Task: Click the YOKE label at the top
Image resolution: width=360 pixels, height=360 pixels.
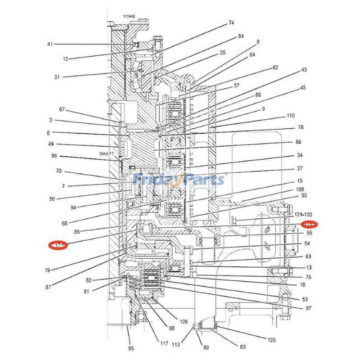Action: [x=129, y=16]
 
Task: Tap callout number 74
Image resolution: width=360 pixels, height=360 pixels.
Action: [x=231, y=22]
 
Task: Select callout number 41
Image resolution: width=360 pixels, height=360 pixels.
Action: [x=50, y=44]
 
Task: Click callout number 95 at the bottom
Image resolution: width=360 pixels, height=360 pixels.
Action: [x=131, y=348]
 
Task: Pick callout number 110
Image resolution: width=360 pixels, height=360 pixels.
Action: [x=291, y=116]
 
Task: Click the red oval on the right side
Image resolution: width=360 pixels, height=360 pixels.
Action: [x=309, y=224]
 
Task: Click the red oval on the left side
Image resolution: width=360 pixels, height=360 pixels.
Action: [x=58, y=245]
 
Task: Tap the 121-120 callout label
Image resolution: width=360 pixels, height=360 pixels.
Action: [x=303, y=215]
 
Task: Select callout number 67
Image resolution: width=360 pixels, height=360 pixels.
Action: [x=62, y=109]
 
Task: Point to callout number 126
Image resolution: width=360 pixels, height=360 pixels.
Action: [x=184, y=322]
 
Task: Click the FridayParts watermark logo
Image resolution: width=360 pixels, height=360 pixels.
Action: [x=179, y=180]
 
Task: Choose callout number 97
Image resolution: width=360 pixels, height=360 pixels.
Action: [x=308, y=308]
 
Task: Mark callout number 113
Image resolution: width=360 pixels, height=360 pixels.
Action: [x=175, y=345]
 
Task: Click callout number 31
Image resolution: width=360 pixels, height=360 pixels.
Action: [x=57, y=77]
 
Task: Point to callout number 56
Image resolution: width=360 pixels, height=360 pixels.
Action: [x=298, y=142]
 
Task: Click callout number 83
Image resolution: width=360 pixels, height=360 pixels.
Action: [x=243, y=347]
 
